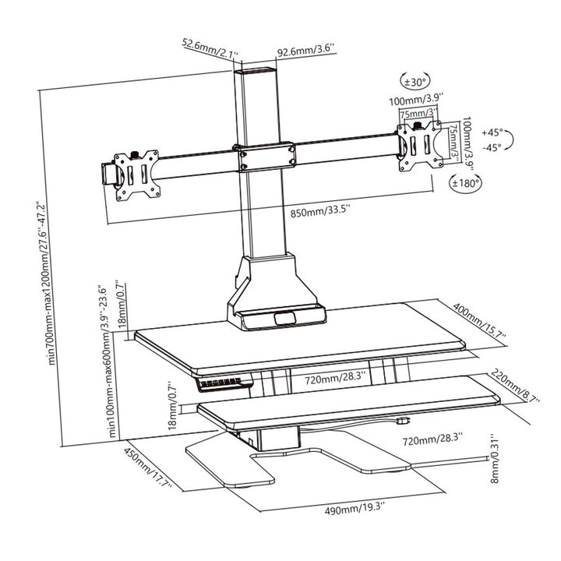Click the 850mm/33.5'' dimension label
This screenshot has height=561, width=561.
pyautogui.click(x=320, y=211)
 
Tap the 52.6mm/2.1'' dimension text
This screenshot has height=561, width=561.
pyautogui.click(x=210, y=48)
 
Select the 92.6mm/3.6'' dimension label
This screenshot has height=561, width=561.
pyautogui.click(x=306, y=50)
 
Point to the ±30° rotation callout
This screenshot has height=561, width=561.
pyautogui.click(x=415, y=83)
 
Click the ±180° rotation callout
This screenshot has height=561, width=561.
pyautogui.click(x=465, y=183)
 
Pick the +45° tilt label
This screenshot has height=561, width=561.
pyautogui.click(x=492, y=132)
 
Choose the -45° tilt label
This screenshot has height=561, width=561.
pyautogui.click(x=492, y=146)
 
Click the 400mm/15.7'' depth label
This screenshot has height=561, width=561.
pyautogui.click(x=479, y=320)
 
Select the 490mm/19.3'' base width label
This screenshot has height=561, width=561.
pyautogui.click(x=355, y=508)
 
